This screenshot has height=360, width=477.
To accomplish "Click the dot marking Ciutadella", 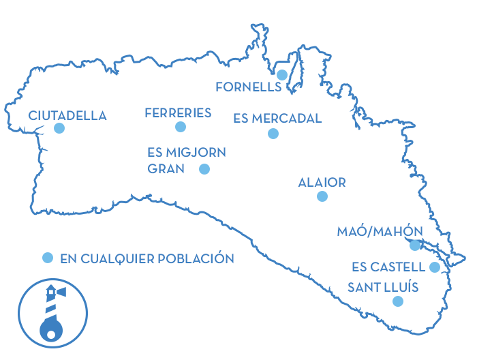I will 59,128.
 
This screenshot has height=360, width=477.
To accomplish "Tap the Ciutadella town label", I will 67,116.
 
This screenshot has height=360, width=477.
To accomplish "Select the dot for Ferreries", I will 181,127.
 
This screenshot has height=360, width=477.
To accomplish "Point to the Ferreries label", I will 179,113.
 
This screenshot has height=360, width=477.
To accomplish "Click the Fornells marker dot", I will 281,74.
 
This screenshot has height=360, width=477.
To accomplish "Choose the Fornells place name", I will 248,87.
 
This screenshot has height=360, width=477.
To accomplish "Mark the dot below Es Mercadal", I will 273,134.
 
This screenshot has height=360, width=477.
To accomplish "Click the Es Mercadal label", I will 277,119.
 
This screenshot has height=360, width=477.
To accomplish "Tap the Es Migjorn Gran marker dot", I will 204,169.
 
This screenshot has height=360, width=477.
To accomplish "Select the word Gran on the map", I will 166,169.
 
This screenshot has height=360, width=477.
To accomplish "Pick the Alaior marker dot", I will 322,196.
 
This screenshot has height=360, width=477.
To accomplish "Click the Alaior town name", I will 322,183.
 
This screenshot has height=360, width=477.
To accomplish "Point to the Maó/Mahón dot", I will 415,245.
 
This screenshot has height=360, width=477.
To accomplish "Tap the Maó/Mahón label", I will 380,232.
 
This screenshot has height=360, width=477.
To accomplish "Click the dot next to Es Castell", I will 435,267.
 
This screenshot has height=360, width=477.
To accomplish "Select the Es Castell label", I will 388,267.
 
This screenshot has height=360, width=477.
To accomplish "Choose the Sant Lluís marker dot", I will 398,301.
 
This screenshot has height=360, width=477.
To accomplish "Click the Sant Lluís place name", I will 383,286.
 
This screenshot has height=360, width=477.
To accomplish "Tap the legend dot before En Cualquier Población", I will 48,258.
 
